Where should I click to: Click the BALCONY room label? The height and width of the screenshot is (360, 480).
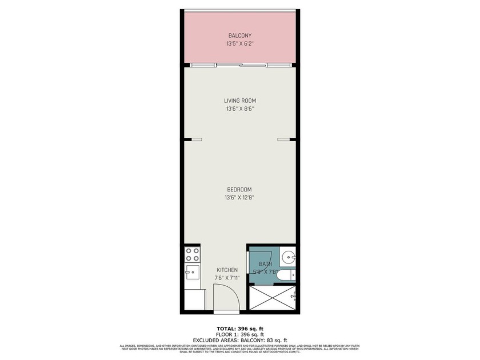click(239, 35)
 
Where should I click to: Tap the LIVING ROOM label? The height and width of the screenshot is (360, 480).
click(239, 101)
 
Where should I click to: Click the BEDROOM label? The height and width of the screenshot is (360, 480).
click(239, 190)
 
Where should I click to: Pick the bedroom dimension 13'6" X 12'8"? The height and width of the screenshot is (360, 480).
click(239, 198)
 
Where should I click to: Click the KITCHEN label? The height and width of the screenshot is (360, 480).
click(227, 270)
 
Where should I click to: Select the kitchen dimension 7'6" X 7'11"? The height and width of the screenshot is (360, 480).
click(227, 278)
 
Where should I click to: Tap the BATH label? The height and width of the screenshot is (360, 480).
click(265, 264)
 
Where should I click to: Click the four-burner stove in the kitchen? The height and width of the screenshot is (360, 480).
click(192, 254)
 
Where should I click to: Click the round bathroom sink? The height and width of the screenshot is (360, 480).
click(289, 256)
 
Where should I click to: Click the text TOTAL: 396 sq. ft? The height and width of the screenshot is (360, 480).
click(239, 328)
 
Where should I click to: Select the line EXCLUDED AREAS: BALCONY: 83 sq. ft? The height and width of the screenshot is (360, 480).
click(239, 340)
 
